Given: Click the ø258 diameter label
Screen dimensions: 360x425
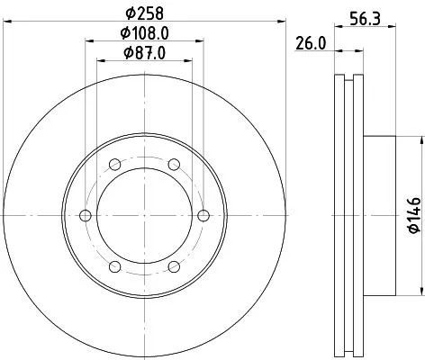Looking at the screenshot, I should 144,13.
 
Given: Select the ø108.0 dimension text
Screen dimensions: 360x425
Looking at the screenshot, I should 144,33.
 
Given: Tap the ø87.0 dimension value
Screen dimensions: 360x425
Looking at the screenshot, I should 144,53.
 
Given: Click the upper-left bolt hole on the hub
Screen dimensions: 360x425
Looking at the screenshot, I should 114,164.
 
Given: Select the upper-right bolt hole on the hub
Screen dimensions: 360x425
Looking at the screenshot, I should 173,164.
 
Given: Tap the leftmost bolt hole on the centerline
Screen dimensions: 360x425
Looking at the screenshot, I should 86,215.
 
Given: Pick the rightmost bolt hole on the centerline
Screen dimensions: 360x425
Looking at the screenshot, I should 203,215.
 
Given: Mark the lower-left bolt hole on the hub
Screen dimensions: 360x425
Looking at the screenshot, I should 114,266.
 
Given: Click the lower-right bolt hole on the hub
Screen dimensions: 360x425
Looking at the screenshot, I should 173,266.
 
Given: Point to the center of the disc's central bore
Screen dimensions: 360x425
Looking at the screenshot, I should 144,215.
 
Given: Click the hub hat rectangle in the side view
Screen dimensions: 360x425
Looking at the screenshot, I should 380,215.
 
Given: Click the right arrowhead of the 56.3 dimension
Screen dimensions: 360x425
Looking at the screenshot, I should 393,27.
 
